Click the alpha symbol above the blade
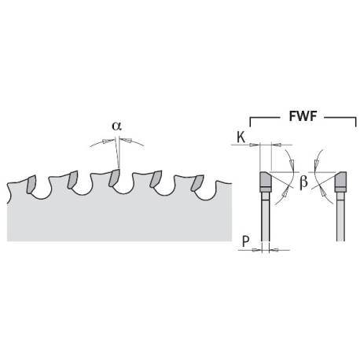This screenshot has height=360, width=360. pos(116,126)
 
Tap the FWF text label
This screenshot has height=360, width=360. pos(303,116)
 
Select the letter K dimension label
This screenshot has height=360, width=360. pos(241,138)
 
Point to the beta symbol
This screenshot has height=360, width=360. pos(303,182)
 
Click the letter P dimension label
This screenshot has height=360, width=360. pos(245,241)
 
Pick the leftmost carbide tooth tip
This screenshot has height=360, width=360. pos(31,185)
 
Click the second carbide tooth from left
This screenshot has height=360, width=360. pos(72,179)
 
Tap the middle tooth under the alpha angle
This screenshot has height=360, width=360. pos(114,178)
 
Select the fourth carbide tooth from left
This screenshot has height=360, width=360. pos(156,178)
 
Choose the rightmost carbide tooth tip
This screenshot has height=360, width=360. pos(197,182)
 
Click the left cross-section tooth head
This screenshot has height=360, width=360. pos(266,182)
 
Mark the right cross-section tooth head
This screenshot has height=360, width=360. pos(340,182)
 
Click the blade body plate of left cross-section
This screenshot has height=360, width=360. pos(266,217)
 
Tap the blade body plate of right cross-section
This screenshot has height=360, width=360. pos(340,217)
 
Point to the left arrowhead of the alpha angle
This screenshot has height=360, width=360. pos(108,141)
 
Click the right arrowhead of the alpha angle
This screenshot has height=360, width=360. pos(125,140)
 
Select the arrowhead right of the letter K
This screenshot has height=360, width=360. pos(277,145)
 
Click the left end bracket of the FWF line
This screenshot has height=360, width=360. pos(251,122)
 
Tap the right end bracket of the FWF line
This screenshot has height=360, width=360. pos(355,122)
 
